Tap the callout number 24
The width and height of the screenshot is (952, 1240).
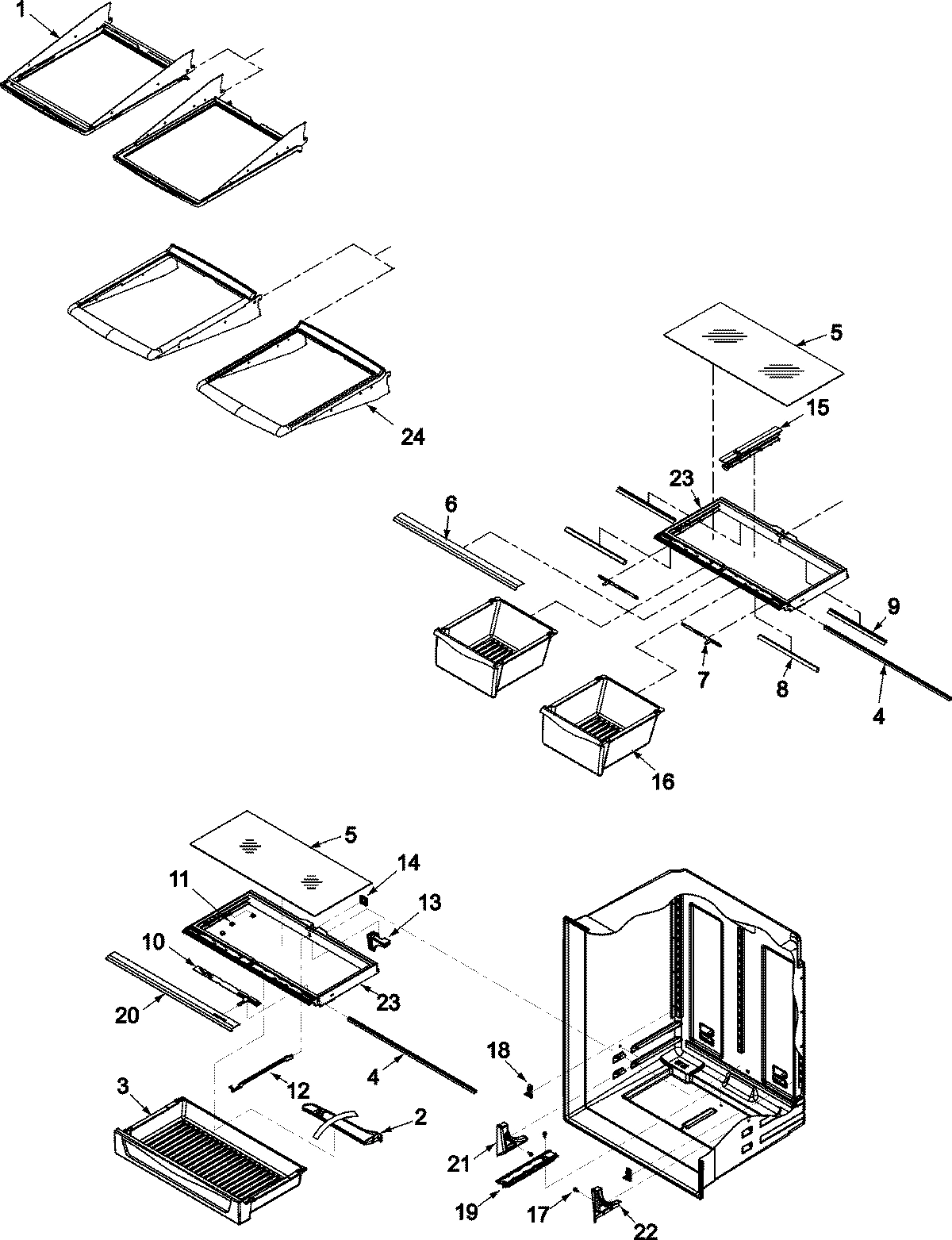[x=412, y=436]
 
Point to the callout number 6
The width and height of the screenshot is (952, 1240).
[x=450, y=503]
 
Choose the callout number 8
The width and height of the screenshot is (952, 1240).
[x=782, y=689]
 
